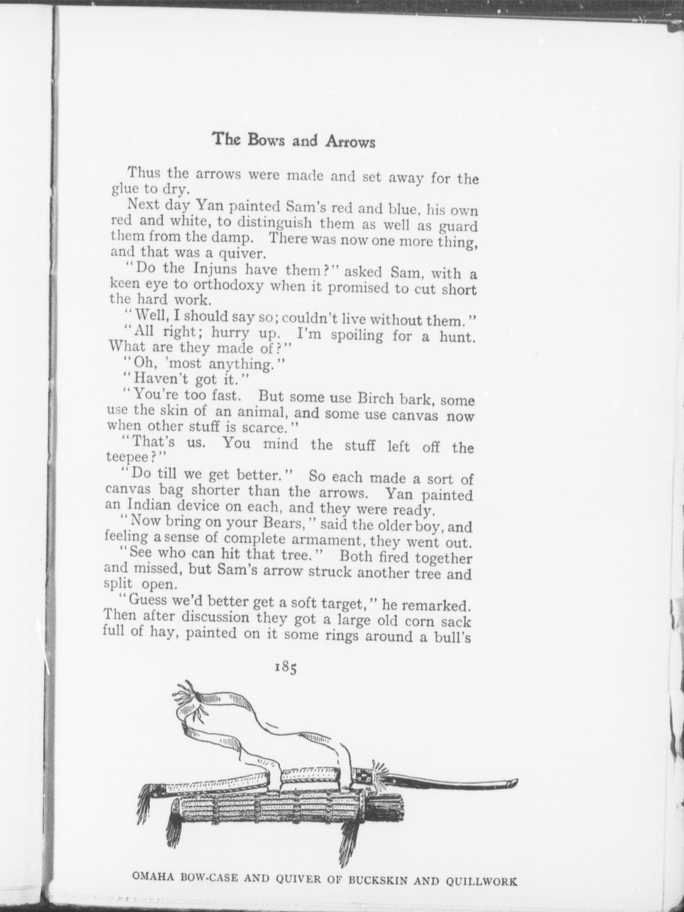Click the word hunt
[x=456, y=337]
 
